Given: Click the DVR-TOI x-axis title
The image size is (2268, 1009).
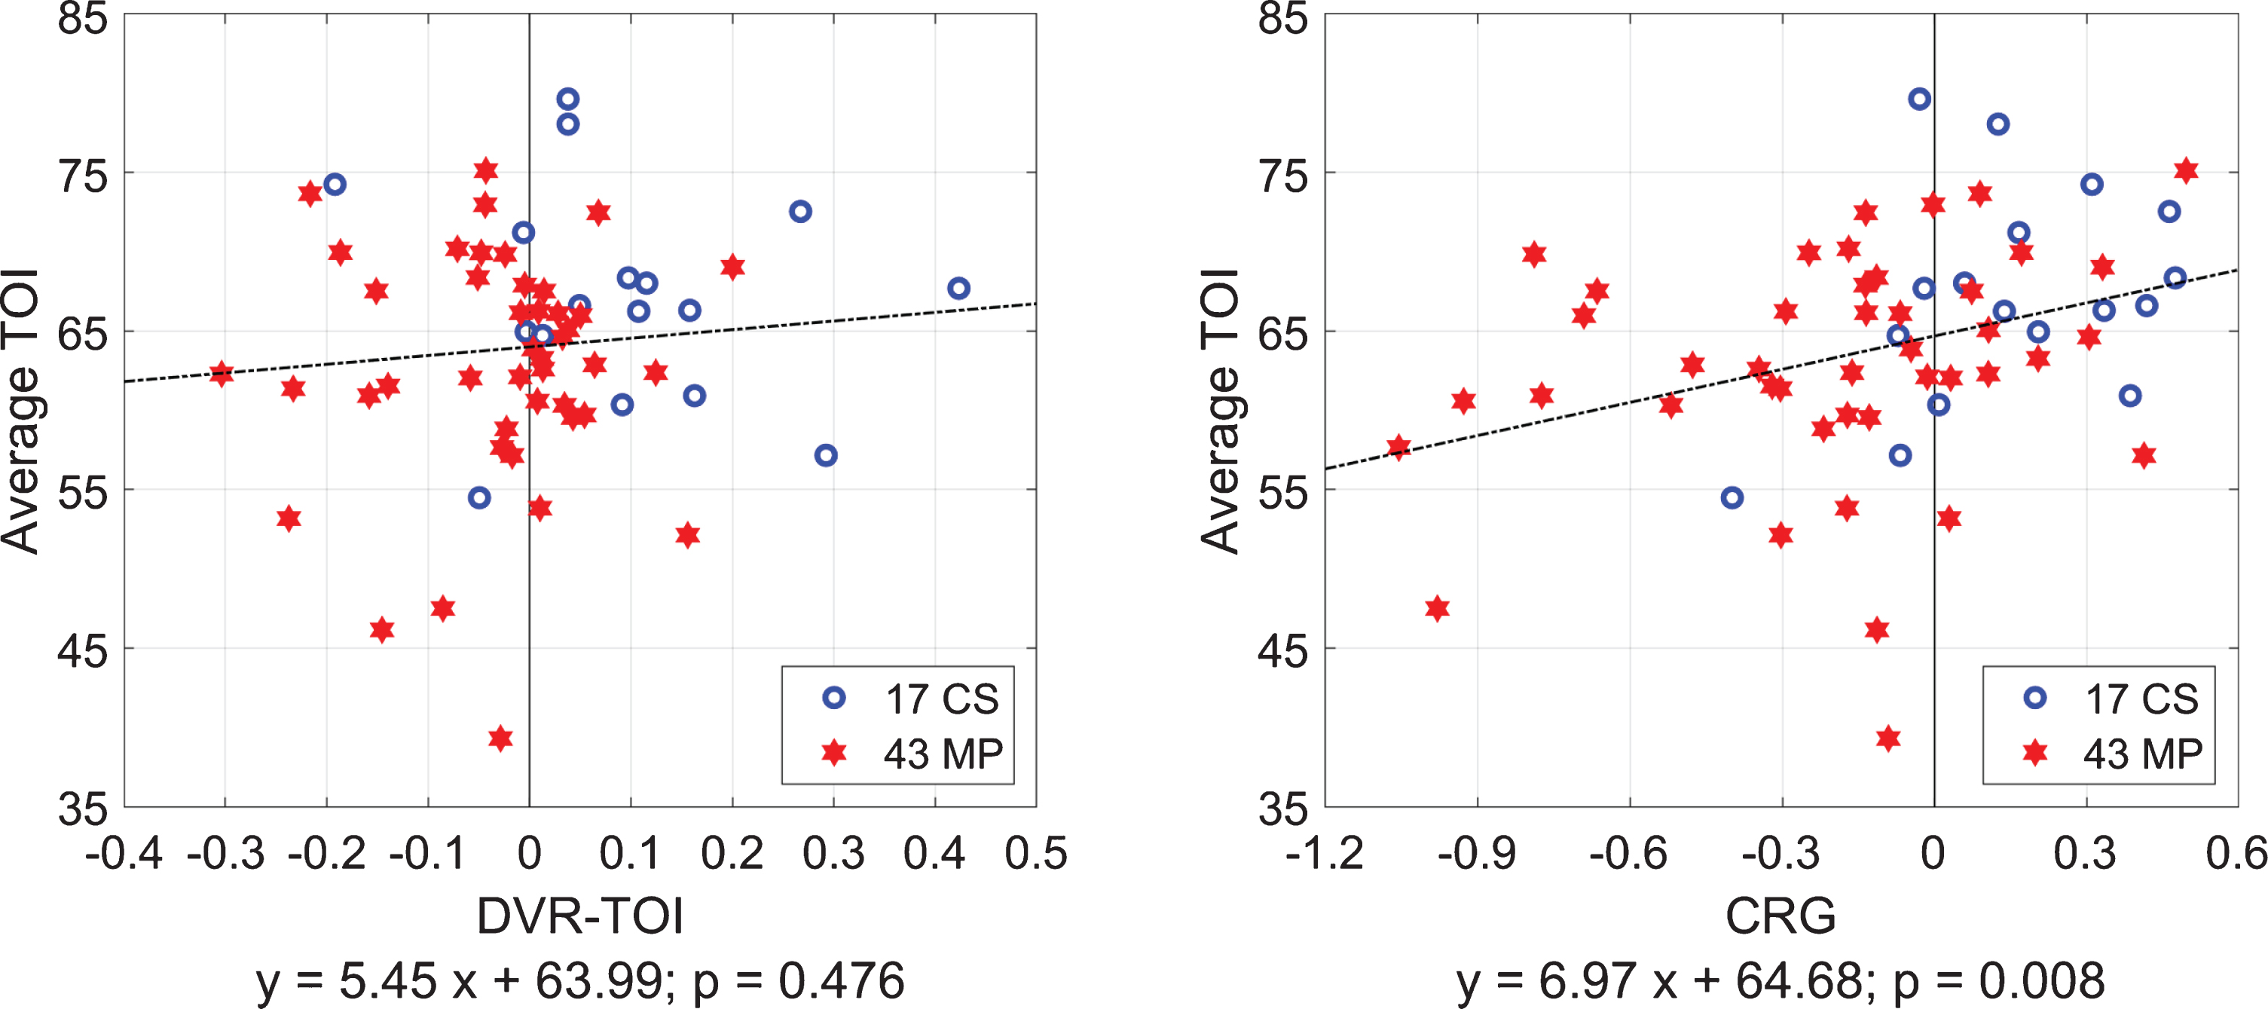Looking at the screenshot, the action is [580, 916].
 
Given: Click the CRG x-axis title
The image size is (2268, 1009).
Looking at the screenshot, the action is [1780, 916].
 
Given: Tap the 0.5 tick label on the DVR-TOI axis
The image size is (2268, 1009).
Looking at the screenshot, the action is [1036, 853].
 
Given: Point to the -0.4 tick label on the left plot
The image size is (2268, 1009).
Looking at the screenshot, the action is [124, 853].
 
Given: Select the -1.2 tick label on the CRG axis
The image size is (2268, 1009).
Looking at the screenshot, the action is [1325, 853].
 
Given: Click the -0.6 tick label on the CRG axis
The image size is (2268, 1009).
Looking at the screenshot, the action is [1629, 853].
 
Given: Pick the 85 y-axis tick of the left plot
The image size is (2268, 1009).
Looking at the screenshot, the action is [83, 17].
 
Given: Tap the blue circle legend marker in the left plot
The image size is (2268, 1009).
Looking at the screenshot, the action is [834, 699].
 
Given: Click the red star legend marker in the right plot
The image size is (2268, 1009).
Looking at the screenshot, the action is [2034, 753].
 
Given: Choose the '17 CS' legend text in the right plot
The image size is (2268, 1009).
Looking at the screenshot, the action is [2142, 699].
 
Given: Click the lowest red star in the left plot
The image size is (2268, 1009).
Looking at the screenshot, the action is [501, 738].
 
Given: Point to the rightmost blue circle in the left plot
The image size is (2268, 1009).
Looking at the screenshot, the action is [958, 288].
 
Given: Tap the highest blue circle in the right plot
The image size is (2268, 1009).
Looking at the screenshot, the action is [1919, 99].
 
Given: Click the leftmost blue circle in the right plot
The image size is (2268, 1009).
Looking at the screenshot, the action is [1732, 497].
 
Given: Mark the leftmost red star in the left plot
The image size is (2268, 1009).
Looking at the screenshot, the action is [222, 373].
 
